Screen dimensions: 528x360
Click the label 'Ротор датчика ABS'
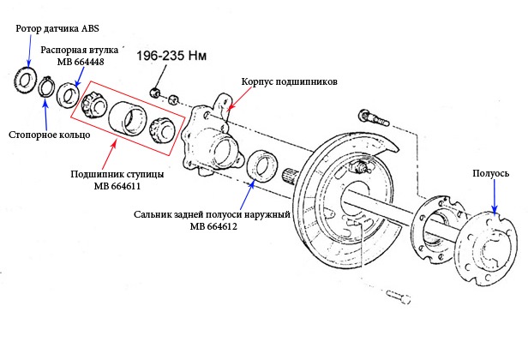coord(57,28)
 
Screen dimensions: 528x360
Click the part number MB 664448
coord(81,62)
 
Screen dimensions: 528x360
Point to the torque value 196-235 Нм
coord(171,56)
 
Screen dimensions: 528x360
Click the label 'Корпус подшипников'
coord(289,81)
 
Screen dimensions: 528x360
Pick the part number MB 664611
coord(117,186)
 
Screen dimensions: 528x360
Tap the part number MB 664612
coord(213,226)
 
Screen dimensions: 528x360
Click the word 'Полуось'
coord(490,173)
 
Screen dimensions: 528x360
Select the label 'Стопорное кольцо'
coord(50,135)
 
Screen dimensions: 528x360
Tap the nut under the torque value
coord(155,93)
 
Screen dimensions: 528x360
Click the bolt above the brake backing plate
coord(374,117)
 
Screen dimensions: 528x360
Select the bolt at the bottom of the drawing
coord(399,297)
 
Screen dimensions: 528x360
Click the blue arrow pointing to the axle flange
coord(495,196)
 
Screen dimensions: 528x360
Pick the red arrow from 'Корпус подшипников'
coord(239,99)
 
